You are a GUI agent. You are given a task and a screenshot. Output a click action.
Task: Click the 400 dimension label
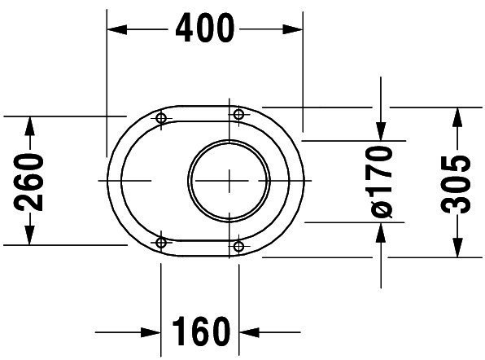205,28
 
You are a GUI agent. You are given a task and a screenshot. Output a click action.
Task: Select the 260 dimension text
28,182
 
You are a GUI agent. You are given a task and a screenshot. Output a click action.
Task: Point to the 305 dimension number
456,185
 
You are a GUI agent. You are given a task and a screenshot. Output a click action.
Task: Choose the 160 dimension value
201,331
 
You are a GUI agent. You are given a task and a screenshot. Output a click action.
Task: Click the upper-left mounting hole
161,118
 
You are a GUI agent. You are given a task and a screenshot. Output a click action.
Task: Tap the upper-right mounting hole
238,114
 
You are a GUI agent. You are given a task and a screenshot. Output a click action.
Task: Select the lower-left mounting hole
161,243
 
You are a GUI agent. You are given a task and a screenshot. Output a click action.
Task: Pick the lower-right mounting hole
238,247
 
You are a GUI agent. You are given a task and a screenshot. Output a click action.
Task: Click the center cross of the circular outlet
229,181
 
